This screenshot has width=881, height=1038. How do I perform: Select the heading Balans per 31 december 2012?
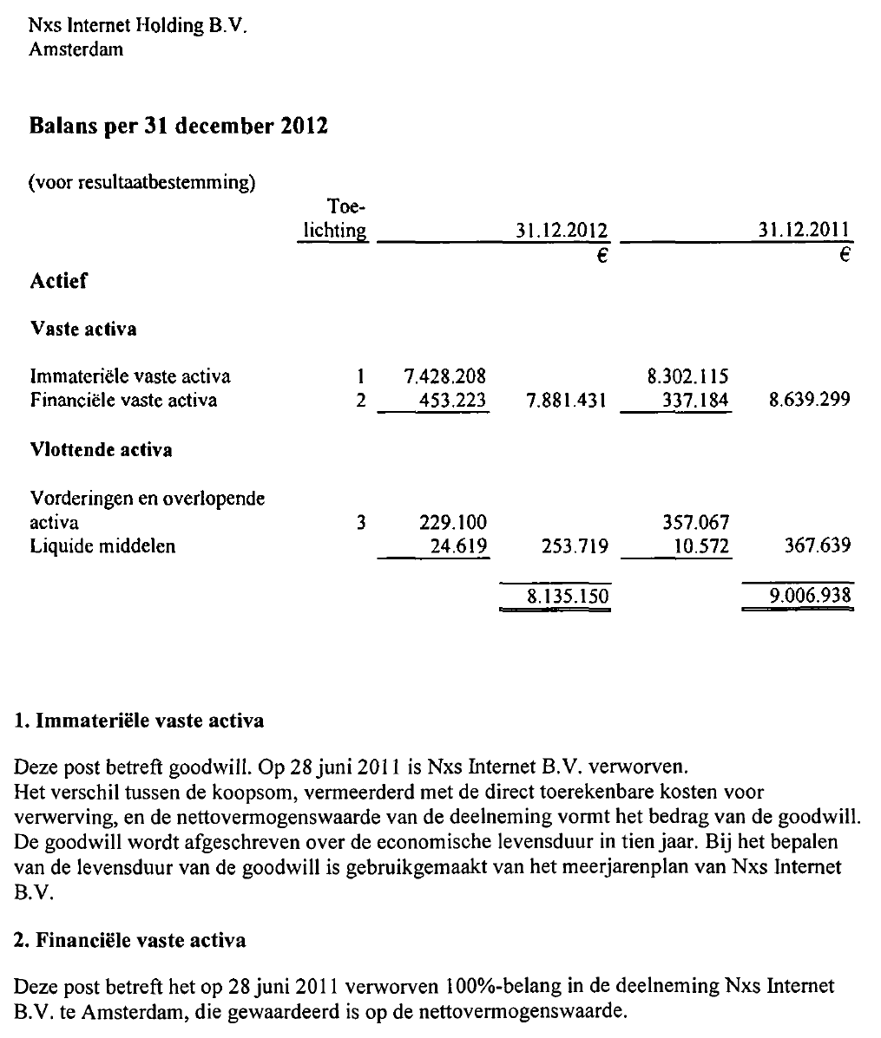click(x=179, y=127)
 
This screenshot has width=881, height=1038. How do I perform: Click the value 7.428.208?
click(x=445, y=376)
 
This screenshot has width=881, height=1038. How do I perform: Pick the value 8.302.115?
click(x=688, y=376)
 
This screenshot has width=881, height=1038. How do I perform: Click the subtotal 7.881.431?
click(x=567, y=400)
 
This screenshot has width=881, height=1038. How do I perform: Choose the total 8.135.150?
click(x=567, y=597)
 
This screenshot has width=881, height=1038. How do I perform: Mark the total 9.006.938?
click(x=810, y=597)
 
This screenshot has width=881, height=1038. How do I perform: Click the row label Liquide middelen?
click(x=102, y=546)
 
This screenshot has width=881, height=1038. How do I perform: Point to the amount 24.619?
click(x=459, y=546)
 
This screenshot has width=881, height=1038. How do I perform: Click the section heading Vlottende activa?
click(x=101, y=450)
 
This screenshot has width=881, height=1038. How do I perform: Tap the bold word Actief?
click(x=59, y=281)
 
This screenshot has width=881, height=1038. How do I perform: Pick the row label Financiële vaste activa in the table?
click(x=123, y=400)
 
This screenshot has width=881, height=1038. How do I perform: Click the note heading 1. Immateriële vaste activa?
click(x=140, y=721)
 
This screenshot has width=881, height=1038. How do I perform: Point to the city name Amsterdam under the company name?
click(x=76, y=49)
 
